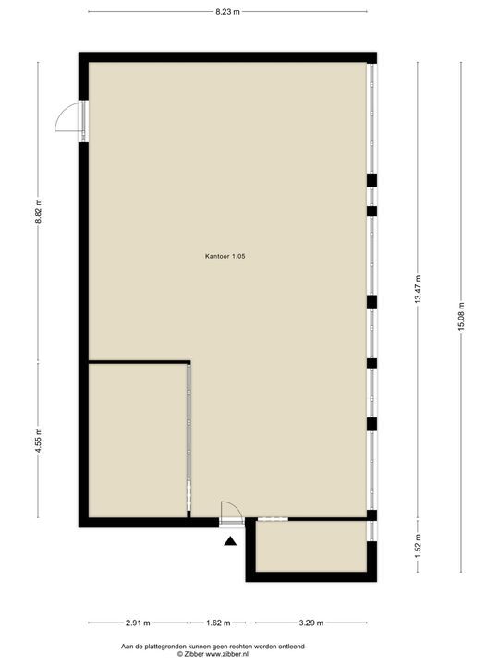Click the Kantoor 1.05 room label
click(225, 256)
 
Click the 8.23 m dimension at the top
click(227, 12)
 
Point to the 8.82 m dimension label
click(38, 212)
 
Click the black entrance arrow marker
click(230, 542)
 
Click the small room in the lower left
click(137, 441)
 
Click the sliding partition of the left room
click(189, 439)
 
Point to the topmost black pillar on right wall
click(371, 179)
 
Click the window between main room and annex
click(271, 520)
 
